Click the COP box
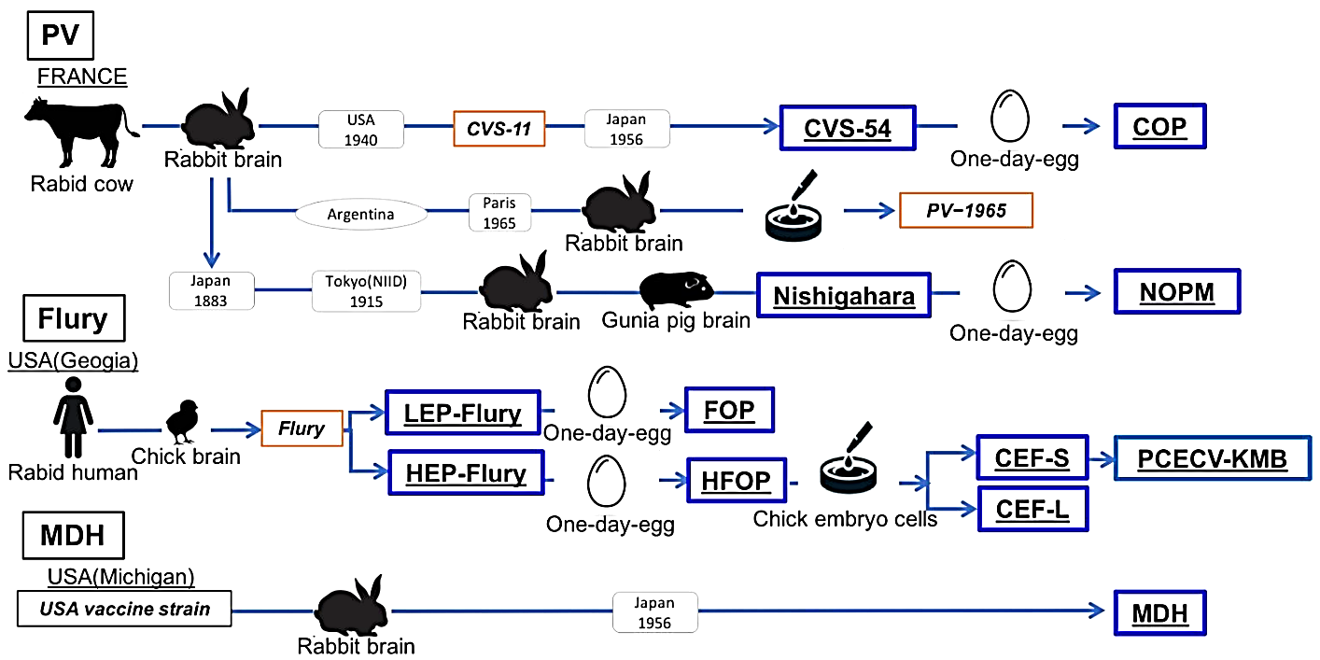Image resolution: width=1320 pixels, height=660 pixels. (1159, 126)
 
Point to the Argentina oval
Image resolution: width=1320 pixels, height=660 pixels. (360, 214)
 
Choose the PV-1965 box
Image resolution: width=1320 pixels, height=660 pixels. (966, 210)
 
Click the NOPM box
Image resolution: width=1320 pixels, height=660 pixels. (1176, 292)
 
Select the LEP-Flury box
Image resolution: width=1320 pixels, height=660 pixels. (462, 412)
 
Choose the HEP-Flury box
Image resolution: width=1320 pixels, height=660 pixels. (466, 474)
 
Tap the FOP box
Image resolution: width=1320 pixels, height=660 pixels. (729, 410)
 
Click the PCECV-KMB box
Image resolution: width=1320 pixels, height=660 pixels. (1212, 458)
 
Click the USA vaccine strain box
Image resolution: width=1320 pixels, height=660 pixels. (124, 610)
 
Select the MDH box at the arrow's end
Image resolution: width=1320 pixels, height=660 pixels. (1159, 613)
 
